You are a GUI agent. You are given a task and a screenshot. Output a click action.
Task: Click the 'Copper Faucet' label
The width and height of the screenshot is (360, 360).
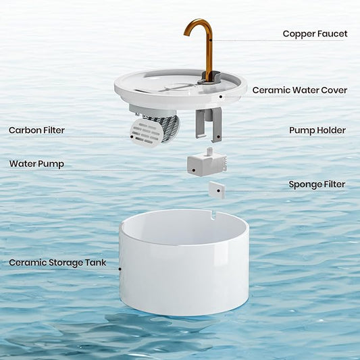pos(315,34)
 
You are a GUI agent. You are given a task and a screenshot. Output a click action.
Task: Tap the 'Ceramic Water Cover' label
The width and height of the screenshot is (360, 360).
pos(299,90)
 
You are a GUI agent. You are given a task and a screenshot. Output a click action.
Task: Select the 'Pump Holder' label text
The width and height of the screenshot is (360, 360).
pos(317,130)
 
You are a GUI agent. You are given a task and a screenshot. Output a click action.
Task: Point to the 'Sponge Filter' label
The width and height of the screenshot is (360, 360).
pos(317,184)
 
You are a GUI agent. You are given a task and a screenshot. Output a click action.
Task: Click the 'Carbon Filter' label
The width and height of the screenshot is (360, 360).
pos(36,130)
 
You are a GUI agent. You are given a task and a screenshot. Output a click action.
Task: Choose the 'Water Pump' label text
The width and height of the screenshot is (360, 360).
pos(36,163)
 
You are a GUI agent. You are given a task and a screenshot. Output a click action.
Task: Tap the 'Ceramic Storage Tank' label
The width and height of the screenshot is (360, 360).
pos(57,262)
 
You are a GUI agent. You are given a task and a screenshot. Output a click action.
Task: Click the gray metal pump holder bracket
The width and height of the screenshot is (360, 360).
pos(209,124)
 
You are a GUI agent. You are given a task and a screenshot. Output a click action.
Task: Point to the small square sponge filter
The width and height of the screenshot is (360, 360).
pos(215,188)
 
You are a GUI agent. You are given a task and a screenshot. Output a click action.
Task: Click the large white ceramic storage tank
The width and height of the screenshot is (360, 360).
pos(184,270)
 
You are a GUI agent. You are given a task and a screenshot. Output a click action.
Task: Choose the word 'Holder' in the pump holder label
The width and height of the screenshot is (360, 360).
pos(331,130)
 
